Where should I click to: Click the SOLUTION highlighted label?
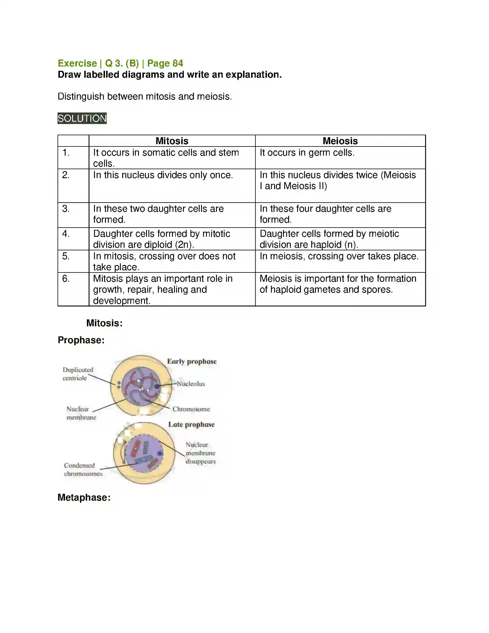tap(82, 118)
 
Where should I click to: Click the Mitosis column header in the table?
tap(172, 141)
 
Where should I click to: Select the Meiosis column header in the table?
tap(340, 141)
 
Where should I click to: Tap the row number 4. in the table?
tap(66, 234)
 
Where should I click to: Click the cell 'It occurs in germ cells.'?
tap(307, 153)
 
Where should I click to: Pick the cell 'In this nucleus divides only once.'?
tap(163, 175)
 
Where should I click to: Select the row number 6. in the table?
tap(66, 279)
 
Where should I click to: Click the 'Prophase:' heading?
tap(81, 340)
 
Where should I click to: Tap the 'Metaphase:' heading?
tap(84, 497)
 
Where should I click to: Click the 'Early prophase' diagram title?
tap(192, 361)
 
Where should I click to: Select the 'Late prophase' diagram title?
tap(191, 424)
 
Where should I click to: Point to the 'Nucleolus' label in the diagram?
tap(191, 384)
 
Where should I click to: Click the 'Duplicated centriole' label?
tap(78, 374)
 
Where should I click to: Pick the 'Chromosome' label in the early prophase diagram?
tap(191, 409)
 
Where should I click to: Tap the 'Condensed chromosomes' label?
tap(83, 469)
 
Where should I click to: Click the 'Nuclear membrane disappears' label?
tap(200, 453)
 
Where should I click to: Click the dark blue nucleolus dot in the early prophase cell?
tap(157, 386)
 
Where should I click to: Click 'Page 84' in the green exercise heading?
tap(165, 63)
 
